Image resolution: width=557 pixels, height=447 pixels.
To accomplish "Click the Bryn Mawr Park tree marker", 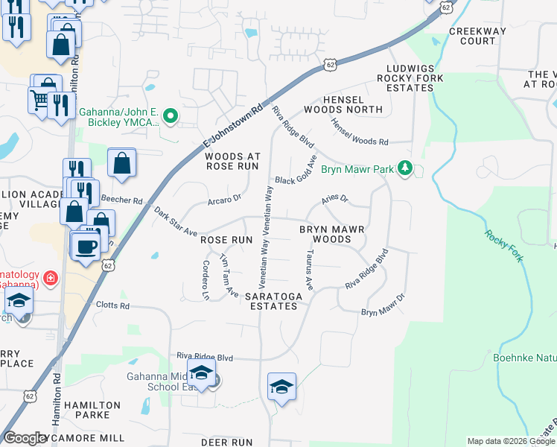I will tap(405, 168).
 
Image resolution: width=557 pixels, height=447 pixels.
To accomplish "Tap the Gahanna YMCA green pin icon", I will tap(171, 115).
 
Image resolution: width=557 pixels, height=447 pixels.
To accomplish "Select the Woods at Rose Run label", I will tap(233, 161).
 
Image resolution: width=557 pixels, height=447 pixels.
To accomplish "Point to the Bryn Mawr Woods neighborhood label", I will tap(331, 235).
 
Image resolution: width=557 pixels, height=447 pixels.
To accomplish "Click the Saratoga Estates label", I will tap(276, 301).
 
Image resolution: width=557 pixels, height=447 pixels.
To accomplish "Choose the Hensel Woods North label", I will tap(353, 104).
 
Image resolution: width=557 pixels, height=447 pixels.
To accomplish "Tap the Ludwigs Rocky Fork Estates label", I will tap(410, 77).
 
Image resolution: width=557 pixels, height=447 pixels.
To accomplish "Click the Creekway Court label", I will tap(478, 36).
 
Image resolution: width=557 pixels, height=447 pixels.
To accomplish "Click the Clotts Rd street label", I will tap(112, 305).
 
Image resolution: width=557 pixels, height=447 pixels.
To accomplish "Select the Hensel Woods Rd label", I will tap(360, 133).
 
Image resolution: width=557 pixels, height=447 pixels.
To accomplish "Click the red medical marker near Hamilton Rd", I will tap(51, 279).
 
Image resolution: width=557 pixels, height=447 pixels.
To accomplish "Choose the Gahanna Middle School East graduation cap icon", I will tap(200, 372).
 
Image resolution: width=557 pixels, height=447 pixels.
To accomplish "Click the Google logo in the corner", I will tap(25, 438).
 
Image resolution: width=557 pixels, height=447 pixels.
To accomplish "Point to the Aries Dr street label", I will tap(334, 199).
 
